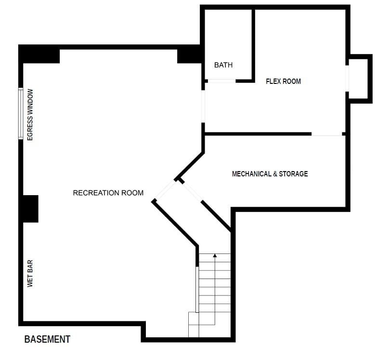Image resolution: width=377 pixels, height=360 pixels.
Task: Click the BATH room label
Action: coord(223,65)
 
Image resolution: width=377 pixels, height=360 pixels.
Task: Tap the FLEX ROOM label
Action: coord(283,81)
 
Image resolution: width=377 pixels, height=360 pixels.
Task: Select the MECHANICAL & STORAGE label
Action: coord(270,174)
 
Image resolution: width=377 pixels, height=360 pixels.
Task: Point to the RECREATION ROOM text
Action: coord(108,193)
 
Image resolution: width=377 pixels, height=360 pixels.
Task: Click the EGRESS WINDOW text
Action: coord(30,115)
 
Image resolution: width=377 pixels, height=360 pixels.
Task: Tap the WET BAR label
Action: coord(30,273)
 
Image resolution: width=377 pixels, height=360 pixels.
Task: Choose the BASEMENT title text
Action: coord(47,339)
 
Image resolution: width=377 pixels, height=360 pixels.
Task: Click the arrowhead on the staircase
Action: coord(215,255)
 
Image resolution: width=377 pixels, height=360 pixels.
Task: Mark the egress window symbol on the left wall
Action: coord(21,114)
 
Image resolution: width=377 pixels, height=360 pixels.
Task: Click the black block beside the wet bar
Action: coord(30,209)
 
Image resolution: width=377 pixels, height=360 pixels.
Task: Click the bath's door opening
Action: coord(221,81)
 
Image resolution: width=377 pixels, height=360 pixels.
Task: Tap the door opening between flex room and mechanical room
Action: coord(327,134)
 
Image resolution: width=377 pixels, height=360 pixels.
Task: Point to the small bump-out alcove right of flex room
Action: coord(359,79)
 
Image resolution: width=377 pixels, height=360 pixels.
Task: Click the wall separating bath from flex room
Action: coord(253,44)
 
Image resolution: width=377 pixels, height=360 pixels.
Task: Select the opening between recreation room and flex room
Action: coord(203,107)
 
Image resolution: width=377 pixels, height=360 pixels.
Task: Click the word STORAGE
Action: coord(293,174)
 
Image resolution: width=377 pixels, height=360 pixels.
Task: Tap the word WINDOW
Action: coord(30,102)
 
